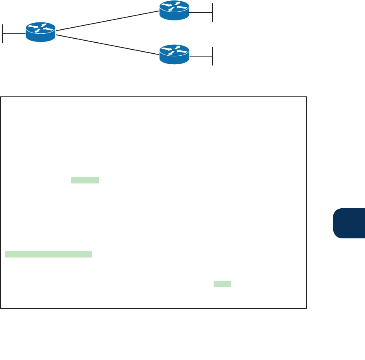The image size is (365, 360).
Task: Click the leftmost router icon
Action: coord(41,32)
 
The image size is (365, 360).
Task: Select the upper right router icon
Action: coord(174,10)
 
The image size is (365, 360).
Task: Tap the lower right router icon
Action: coord(174,54)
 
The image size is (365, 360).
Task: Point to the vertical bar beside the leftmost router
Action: coord(3,33)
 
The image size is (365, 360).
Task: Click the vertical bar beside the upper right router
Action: coord(212,13)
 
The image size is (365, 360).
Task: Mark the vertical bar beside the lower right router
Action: coord(212,56)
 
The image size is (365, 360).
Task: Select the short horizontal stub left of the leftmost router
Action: coord(14,33)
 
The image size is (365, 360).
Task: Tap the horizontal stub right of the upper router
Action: coord(201,13)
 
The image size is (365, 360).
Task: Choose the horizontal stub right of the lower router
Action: coord(201,56)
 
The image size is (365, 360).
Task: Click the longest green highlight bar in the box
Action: coord(48,254)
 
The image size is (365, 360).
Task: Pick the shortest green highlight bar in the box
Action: coord(222,284)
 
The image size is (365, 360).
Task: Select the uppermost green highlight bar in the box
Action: coord(85,180)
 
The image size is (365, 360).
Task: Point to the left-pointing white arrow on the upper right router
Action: coord(183,8)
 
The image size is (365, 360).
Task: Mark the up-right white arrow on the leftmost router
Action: coord(42,26)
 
